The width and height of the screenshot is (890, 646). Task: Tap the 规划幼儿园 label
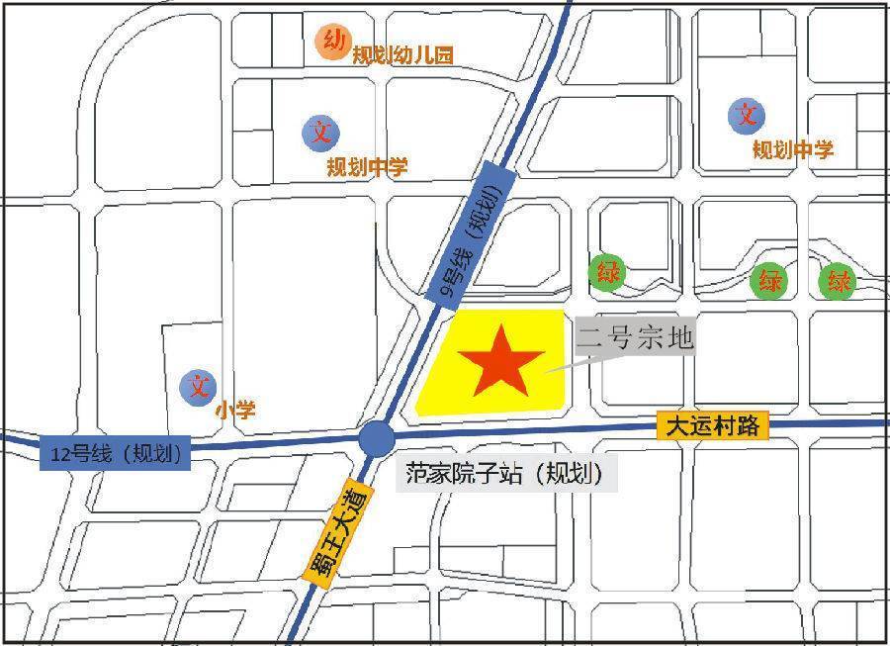[x=402, y=56]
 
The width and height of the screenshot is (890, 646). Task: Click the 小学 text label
[x=234, y=409]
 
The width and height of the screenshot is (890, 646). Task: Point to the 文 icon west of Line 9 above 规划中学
[x=320, y=133]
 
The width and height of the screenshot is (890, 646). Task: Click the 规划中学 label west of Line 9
[x=367, y=167]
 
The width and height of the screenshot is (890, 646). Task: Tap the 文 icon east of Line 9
[x=747, y=116]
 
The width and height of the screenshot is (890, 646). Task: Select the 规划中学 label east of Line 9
[x=793, y=150]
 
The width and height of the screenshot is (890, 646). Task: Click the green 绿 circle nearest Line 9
[x=606, y=271]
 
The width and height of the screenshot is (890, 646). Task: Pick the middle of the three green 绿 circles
[x=770, y=282]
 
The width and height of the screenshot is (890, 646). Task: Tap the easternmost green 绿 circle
[x=839, y=282]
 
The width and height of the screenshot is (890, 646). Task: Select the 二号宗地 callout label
[x=636, y=337]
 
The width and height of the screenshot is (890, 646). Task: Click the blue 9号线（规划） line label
[x=476, y=232]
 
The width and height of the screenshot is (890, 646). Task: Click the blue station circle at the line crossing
[x=376, y=438]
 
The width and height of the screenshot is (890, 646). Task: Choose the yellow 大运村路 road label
[x=712, y=426]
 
